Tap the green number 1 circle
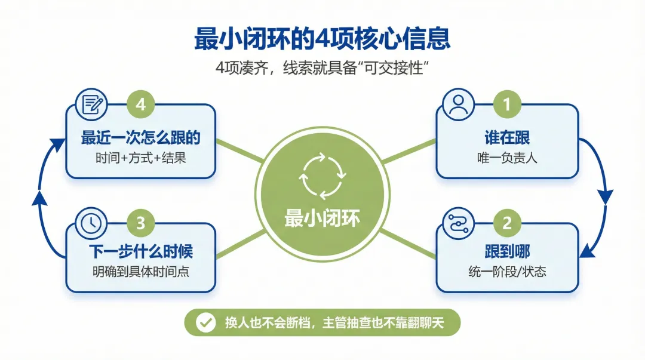pos(507,104)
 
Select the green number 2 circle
pos(507,223)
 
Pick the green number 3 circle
pos(140,223)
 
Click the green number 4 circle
pos(140,104)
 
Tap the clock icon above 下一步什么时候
pos(91,223)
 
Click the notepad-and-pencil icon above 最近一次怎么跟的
pos(91,104)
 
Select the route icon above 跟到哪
pos(457,223)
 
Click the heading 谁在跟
pos(507,139)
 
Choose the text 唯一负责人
pos(507,159)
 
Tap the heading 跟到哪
pos(507,251)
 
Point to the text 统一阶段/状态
pos(507,272)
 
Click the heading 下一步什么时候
pos(140,251)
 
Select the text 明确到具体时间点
pos(140,272)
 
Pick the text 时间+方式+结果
pos(140,159)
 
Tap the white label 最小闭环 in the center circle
pos(322,219)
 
